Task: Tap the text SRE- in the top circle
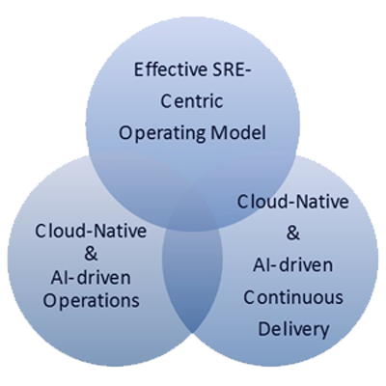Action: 230,70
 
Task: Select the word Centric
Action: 192,101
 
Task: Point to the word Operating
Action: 162,133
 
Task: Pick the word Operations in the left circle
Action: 92,301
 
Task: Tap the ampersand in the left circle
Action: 92,254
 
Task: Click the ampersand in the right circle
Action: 293,234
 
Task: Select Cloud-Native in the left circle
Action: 91,231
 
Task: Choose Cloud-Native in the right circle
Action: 293,202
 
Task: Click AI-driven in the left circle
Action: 91,278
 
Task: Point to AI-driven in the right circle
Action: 293,265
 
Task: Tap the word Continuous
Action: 293,297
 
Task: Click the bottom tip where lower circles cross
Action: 193,332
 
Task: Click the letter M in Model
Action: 217,132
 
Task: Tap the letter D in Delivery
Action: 263,328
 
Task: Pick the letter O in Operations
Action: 50,300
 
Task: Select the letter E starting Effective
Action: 138,70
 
